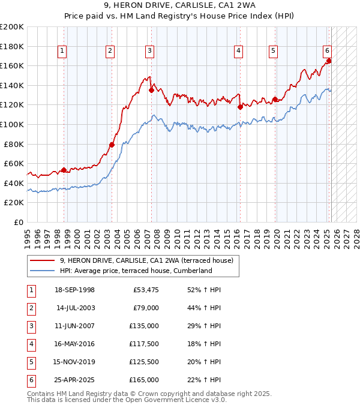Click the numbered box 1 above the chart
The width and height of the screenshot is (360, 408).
[x=63, y=52]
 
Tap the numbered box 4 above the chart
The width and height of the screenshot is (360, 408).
[x=239, y=52]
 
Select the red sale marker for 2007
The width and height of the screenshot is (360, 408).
[x=151, y=90]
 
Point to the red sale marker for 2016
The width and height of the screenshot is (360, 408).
[x=240, y=107]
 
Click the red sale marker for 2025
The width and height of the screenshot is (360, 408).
[x=329, y=61]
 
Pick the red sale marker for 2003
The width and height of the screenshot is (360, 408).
[x=112, y=145]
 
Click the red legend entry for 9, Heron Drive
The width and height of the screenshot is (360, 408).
[x=150, y=260]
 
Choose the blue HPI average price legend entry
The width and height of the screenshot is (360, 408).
[x=136, y=271]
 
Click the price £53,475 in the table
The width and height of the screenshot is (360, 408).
[x=146, y=290]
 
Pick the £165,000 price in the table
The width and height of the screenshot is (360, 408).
[x=145, y=380]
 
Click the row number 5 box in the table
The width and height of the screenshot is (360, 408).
[x=31, y=362]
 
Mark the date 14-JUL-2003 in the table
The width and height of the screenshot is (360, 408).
[x=76, y=308]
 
